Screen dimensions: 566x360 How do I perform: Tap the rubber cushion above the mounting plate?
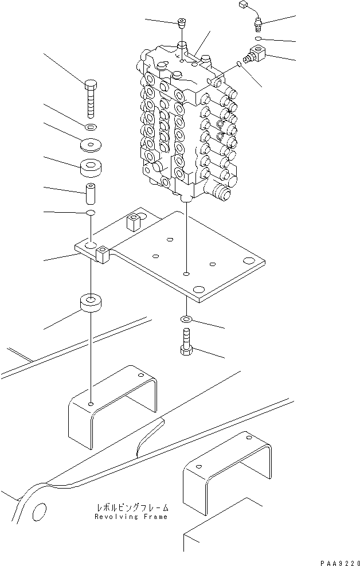(92, 168)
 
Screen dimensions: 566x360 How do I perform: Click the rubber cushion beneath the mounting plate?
(91, 302)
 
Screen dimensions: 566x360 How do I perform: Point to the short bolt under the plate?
(187, 342)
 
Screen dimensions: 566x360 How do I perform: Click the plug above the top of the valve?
(182, 25)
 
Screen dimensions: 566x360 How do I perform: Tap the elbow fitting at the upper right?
(253, 56)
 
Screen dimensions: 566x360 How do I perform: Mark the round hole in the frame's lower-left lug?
(38, 510)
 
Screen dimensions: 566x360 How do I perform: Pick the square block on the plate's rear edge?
(135, 222)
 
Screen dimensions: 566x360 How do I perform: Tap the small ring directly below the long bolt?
(92, 126)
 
